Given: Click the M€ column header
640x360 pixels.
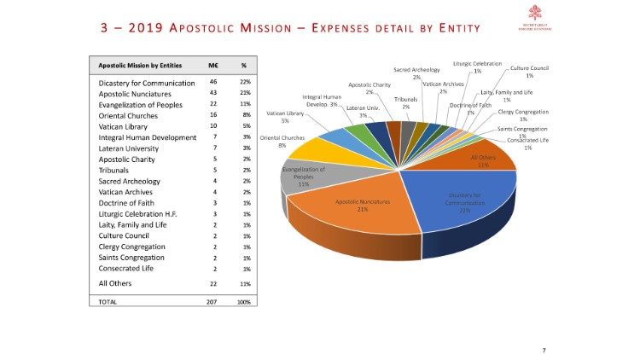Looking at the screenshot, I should (214, 66).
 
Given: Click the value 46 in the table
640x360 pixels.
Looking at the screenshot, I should (213, 82).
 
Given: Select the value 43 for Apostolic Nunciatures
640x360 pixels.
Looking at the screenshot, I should (213, 93).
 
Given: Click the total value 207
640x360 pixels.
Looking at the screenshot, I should (212, 301).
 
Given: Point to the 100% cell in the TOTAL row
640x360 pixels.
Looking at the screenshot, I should (243, 301).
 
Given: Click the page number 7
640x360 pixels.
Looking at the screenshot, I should (544, 351).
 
